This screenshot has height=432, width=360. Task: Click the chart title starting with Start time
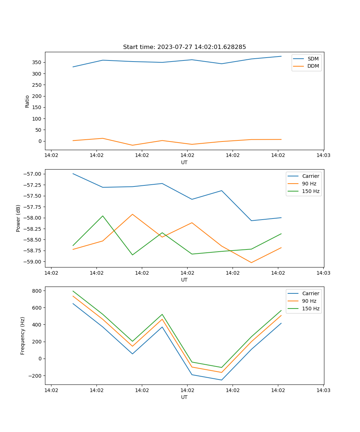[x=184, y=47]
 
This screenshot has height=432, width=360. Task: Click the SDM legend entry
[x=313, y=59]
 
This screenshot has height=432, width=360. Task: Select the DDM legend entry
[x=313, y=66]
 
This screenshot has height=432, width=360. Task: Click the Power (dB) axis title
[x=18, y=218]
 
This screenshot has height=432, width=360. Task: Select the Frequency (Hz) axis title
[x=23, y=336]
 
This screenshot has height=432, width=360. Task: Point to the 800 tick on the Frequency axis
[x=37, y=291]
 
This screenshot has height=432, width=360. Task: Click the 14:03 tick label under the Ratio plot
[x=323, y=156]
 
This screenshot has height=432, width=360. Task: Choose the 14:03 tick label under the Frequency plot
[x=323, y=390]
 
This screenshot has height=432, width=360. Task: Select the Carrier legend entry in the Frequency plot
[x=310, y=293]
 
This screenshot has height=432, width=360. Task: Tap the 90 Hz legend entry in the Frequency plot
[x=309, y=301]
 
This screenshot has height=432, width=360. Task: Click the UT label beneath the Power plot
[x=184, y=280]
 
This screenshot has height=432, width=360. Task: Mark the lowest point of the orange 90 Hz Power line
[x=251, y=262]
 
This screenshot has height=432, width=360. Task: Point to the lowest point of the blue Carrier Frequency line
[x=221, y=380]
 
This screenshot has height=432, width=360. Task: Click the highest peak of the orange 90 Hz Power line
[x=132, y=214]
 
